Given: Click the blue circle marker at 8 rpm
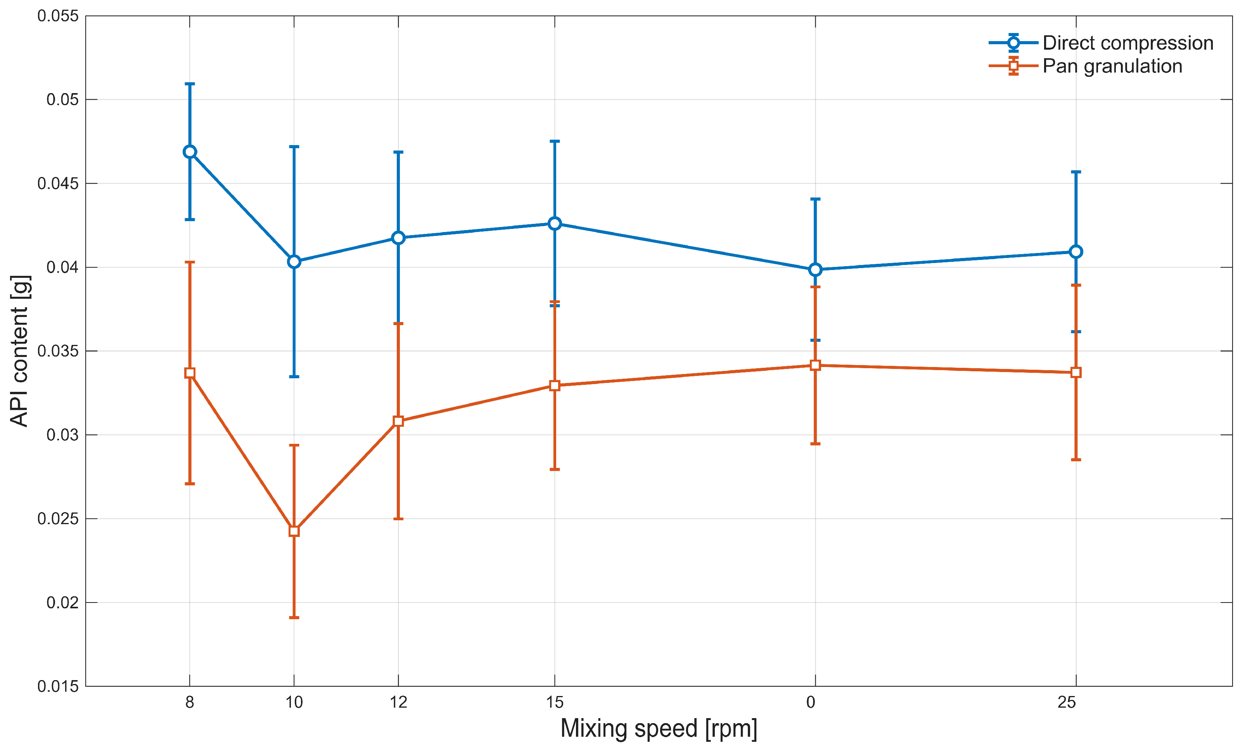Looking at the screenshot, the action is (190, 152).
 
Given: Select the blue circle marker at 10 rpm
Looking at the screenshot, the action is (294, 261).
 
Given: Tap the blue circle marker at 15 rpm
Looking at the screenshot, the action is (555, 223).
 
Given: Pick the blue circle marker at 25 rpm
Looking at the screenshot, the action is (1076, 251).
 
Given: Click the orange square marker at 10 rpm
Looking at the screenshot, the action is (294, 531).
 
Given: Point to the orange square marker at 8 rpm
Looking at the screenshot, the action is (190, 373).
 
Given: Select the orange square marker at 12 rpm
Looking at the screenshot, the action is (399, 421).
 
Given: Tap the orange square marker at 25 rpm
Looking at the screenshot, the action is (1076, 372).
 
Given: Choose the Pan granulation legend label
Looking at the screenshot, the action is (1112, 66).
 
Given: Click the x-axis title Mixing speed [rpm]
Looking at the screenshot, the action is (659, 728).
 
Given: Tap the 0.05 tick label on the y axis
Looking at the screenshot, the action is (63, 99).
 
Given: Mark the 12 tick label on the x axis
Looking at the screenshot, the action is (399, 702).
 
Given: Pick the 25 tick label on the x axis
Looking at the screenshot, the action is (1067, 702).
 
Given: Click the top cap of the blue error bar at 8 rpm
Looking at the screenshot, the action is (190, 84).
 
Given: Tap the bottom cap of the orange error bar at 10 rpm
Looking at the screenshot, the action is (294, 618).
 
